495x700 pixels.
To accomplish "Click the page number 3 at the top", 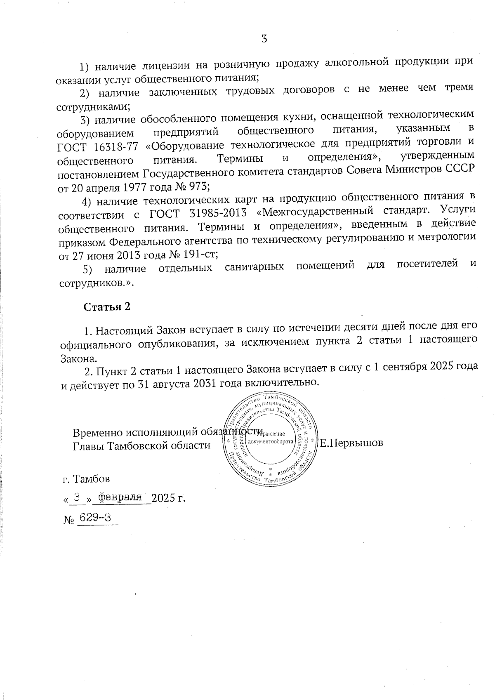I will coord(264,39).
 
